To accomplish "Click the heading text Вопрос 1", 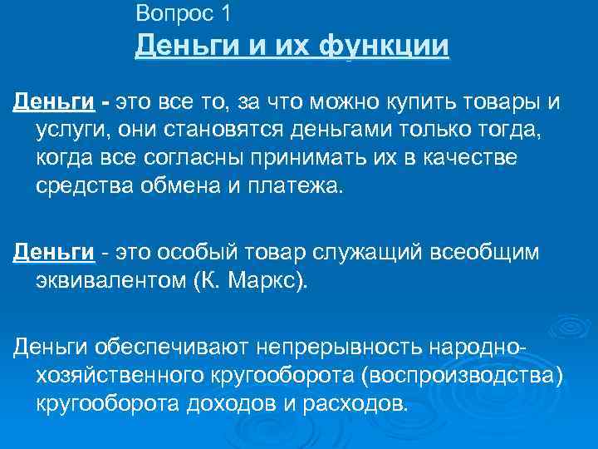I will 183,13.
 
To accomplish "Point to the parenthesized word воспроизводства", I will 461,376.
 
